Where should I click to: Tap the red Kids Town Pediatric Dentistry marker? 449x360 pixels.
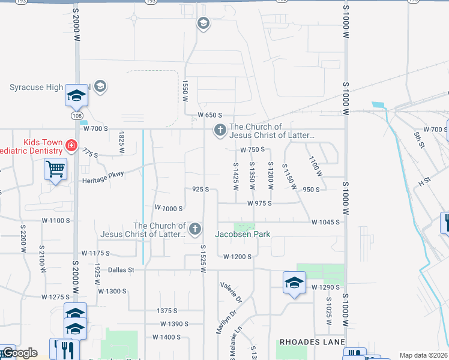pos(71,146)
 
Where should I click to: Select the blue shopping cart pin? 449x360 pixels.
pos(55,169)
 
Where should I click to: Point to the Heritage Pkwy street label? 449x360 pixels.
pos(103,174)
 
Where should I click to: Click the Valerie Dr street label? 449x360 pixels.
pos(231,292)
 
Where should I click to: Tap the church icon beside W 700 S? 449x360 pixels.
pos(220,130)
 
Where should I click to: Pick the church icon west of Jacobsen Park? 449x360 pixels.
pos(194,229)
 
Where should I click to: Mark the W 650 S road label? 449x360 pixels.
pos(211,115)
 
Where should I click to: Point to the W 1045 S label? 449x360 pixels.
pos(325,222)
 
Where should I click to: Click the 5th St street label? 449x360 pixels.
pos(418,139)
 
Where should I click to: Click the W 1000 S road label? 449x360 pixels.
pos(168,208)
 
